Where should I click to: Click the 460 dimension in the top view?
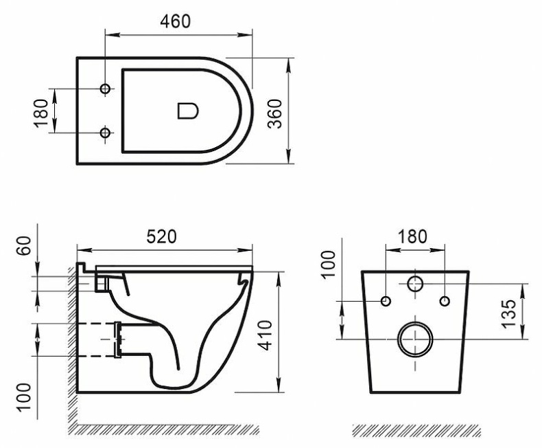click(175, 21)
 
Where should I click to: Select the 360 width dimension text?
click(274, 112)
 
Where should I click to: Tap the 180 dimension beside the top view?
click(40, 112)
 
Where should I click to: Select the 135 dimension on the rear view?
click(508, 313)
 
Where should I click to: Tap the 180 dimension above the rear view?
click(413, 236)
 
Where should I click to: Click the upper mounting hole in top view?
click(106, 89)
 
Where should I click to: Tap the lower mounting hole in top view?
click(106, 132)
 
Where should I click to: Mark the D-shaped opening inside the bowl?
click(187, 111)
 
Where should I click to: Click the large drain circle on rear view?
click(414, 339)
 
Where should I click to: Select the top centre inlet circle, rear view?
click(415, 283)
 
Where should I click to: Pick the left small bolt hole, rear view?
click(386, 301)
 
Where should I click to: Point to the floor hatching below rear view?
click(416, 430)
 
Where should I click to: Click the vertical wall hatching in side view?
click(71, 344)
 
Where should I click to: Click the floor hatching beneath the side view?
click(165, 430)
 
